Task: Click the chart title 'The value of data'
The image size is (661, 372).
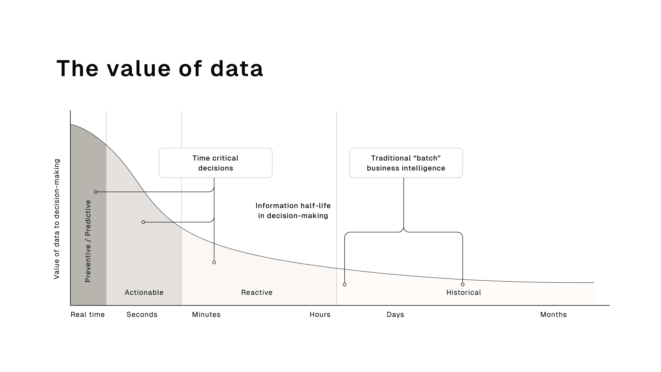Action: tap(160, 69)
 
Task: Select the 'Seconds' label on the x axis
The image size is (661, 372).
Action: tap(142, 314)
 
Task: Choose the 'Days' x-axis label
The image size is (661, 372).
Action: tap(395, 314)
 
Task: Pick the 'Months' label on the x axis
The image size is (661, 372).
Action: tap(553, 314)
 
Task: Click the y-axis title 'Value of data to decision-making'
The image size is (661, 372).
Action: tap(57, 219)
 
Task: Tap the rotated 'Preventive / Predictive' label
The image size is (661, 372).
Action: tap(88, 241)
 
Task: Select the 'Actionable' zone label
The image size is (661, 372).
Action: tap(144, 292)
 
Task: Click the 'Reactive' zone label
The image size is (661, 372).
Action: tap(257, 292)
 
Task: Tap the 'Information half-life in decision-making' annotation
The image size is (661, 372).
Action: tap(293, 210)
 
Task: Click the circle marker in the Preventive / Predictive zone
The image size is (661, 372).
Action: tap(96, 192)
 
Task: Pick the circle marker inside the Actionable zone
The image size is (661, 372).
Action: tap(143, 222)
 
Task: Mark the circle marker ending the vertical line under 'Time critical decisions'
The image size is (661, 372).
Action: tap(214, 262)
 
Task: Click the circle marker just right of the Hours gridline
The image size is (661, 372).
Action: tap(345, 285)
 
